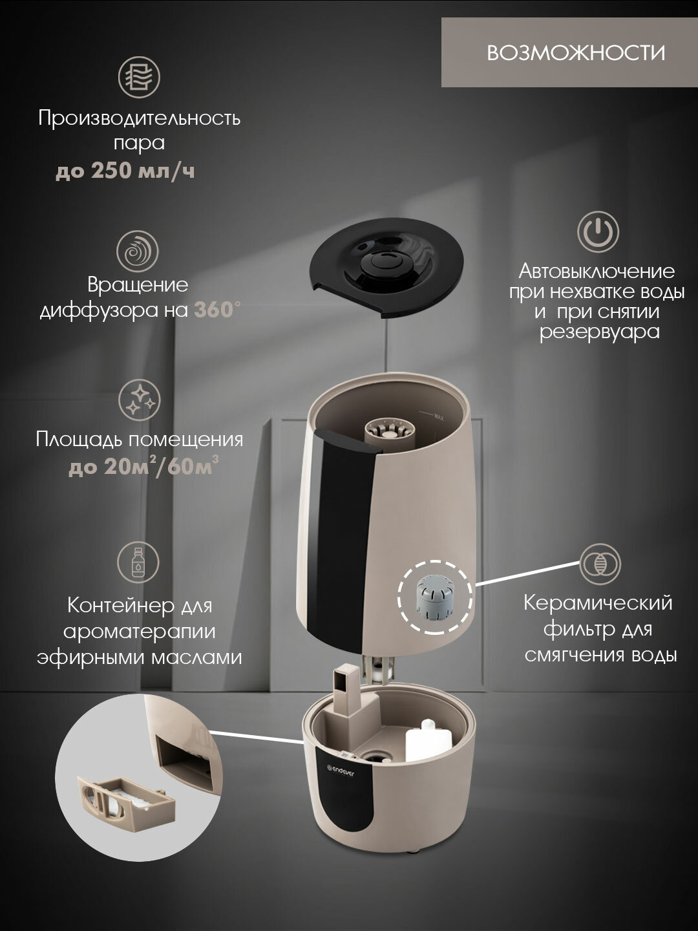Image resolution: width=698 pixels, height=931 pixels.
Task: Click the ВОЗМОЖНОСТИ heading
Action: coord(575,53)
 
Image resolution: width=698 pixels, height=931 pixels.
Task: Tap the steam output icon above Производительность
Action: coord(138,77)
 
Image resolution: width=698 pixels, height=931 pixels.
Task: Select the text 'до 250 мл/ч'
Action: coord(125,171)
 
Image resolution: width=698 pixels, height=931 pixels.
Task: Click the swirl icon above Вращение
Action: coord(137,251)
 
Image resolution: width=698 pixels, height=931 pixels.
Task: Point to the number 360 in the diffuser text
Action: coord(214,310)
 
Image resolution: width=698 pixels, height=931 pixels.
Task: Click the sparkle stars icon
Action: coord(139,400)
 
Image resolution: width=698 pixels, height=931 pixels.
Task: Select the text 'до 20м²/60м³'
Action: coord(143,466)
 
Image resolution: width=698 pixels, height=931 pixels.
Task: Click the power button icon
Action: coord(598,232)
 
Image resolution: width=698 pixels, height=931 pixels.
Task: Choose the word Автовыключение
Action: coord(597,272)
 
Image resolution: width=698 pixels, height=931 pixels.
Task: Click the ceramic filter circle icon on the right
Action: coord(600,564)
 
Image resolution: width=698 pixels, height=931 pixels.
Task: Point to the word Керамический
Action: coord(598,603)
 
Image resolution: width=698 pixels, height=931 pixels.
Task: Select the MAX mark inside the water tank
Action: coord(439,418)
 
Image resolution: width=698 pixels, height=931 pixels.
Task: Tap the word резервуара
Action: coord(599,332)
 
